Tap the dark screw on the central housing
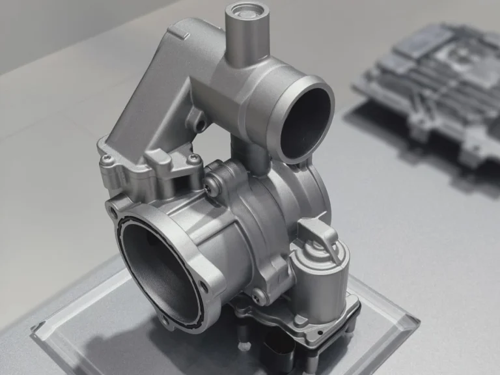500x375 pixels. tap(208, 188)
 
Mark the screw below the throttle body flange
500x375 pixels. tap(258, 299)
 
